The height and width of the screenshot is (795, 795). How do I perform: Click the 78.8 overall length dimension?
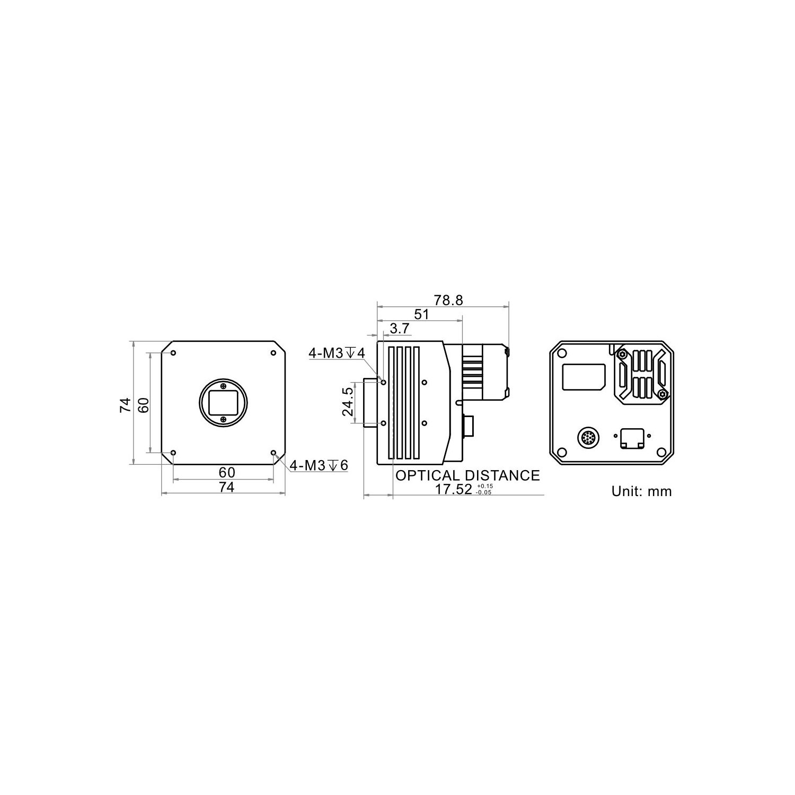448,301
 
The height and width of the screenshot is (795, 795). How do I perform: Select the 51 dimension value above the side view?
421,314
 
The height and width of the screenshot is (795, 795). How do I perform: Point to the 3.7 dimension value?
399,329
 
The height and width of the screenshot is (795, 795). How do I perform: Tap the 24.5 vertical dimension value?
348,401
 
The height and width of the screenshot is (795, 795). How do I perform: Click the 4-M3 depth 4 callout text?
337,353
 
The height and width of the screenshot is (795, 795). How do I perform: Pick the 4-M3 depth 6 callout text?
319,465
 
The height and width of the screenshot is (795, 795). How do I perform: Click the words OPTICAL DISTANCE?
467,475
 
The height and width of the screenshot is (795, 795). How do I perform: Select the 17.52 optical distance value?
453,489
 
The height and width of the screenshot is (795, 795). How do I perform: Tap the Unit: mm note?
641,491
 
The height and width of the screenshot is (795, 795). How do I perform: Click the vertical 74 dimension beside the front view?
125,405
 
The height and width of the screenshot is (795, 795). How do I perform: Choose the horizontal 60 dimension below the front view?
226,472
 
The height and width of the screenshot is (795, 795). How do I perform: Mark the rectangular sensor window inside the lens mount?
223,403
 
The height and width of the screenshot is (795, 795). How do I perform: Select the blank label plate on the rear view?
584,377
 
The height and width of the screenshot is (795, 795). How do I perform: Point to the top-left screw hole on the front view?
173,353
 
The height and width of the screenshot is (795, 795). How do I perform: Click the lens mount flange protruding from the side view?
370,401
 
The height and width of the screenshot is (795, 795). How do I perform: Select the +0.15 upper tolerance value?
484,486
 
